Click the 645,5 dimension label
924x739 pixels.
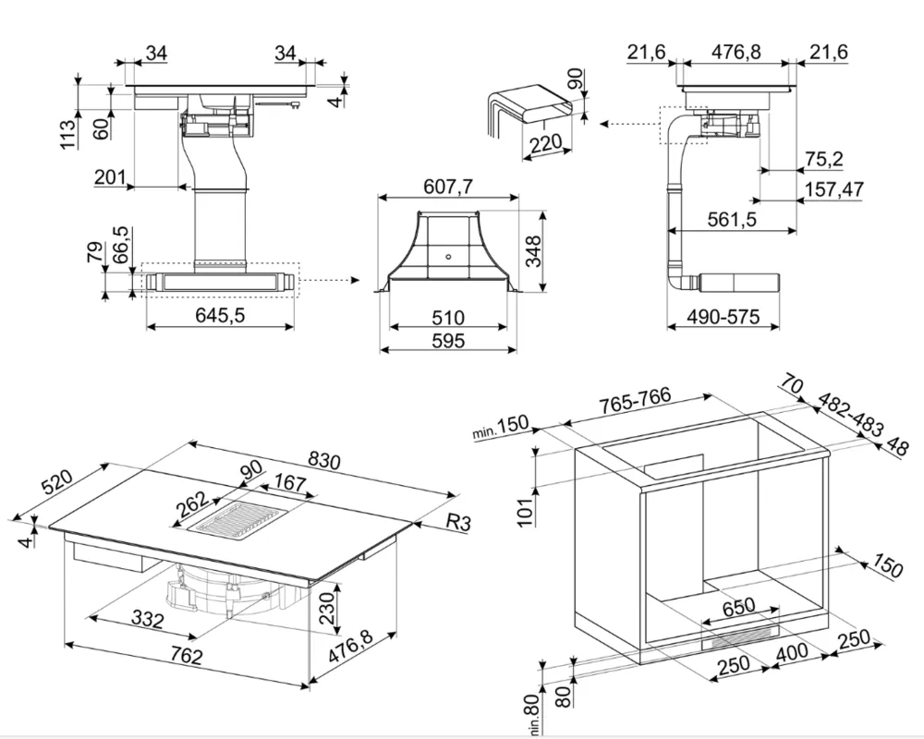tap(220, 316)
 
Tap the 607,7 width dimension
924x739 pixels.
tap(447, 188)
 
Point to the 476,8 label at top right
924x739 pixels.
tap(736, 53)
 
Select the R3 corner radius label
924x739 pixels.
tap(458, 523)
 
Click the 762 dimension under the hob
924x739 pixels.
tap(186, 658)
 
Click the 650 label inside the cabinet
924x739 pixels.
tap(738, 606)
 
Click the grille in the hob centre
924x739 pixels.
tap(232, 524)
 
